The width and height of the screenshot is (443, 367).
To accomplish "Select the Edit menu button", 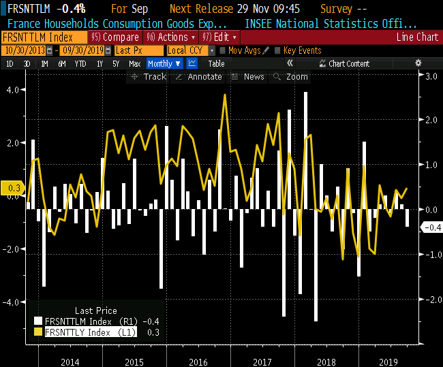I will coord(220,37).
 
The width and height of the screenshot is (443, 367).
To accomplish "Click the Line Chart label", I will coord(417,37).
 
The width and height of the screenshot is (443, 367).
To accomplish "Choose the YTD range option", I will coord(80,63).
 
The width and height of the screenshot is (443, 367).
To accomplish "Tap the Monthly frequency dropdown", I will coord(164,63).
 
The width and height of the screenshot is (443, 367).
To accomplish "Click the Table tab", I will coord(216,63).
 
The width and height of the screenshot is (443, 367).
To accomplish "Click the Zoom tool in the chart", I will coord(291,77).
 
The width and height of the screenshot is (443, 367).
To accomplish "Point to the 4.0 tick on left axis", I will coord(13,90).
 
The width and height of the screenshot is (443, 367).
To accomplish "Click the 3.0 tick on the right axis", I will coord(431,77).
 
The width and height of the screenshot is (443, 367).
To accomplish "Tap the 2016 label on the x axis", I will coord(198,362).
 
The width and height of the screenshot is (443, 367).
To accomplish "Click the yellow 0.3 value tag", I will coord(13,187).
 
